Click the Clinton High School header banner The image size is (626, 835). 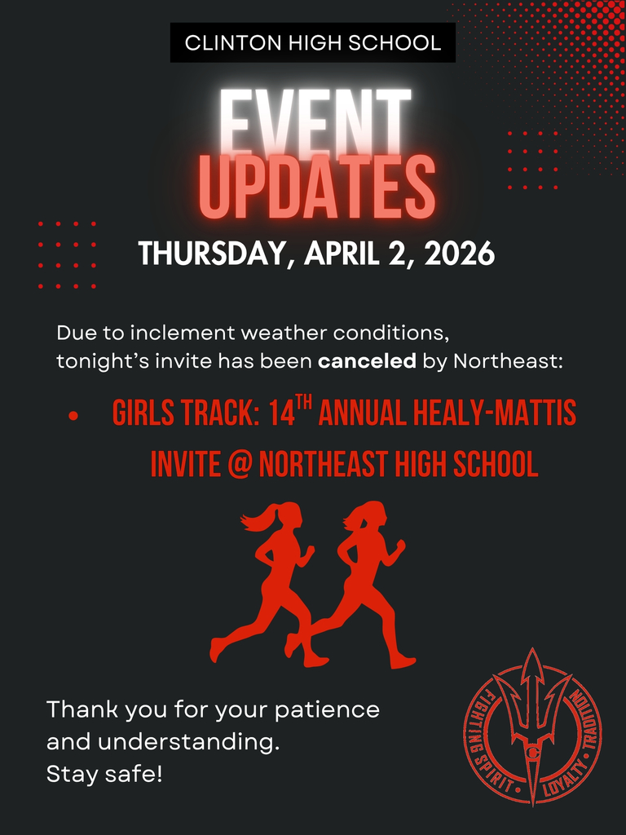[x=313, y=43]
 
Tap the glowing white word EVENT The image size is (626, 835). [x=315, y=122]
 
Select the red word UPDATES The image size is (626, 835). [x=316, y=190]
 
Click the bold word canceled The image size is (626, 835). [x=367, y=361]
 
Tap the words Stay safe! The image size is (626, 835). [x=104, y=774]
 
